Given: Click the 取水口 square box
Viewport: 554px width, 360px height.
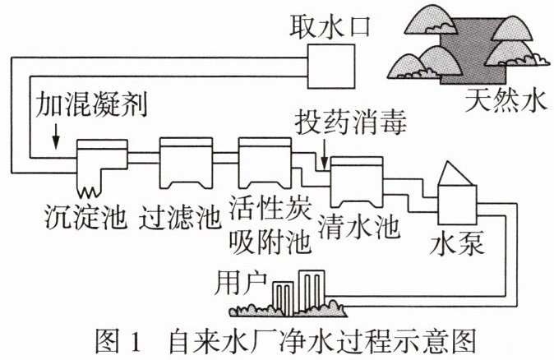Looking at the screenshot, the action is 330,66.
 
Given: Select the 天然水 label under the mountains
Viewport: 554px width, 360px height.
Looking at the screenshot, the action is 506,100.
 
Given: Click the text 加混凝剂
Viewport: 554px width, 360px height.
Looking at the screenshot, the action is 90,104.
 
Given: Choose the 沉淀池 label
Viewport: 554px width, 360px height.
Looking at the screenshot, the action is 85,216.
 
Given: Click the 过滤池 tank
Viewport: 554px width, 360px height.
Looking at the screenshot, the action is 186,163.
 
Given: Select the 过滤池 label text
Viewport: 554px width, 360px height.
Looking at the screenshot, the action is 180,216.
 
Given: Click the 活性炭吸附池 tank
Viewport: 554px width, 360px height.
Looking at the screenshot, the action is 265,163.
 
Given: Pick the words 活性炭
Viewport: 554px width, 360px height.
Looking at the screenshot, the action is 270,208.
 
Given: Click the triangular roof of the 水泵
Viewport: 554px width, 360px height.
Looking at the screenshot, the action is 454,173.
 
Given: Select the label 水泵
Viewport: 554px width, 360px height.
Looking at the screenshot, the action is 456,242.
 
